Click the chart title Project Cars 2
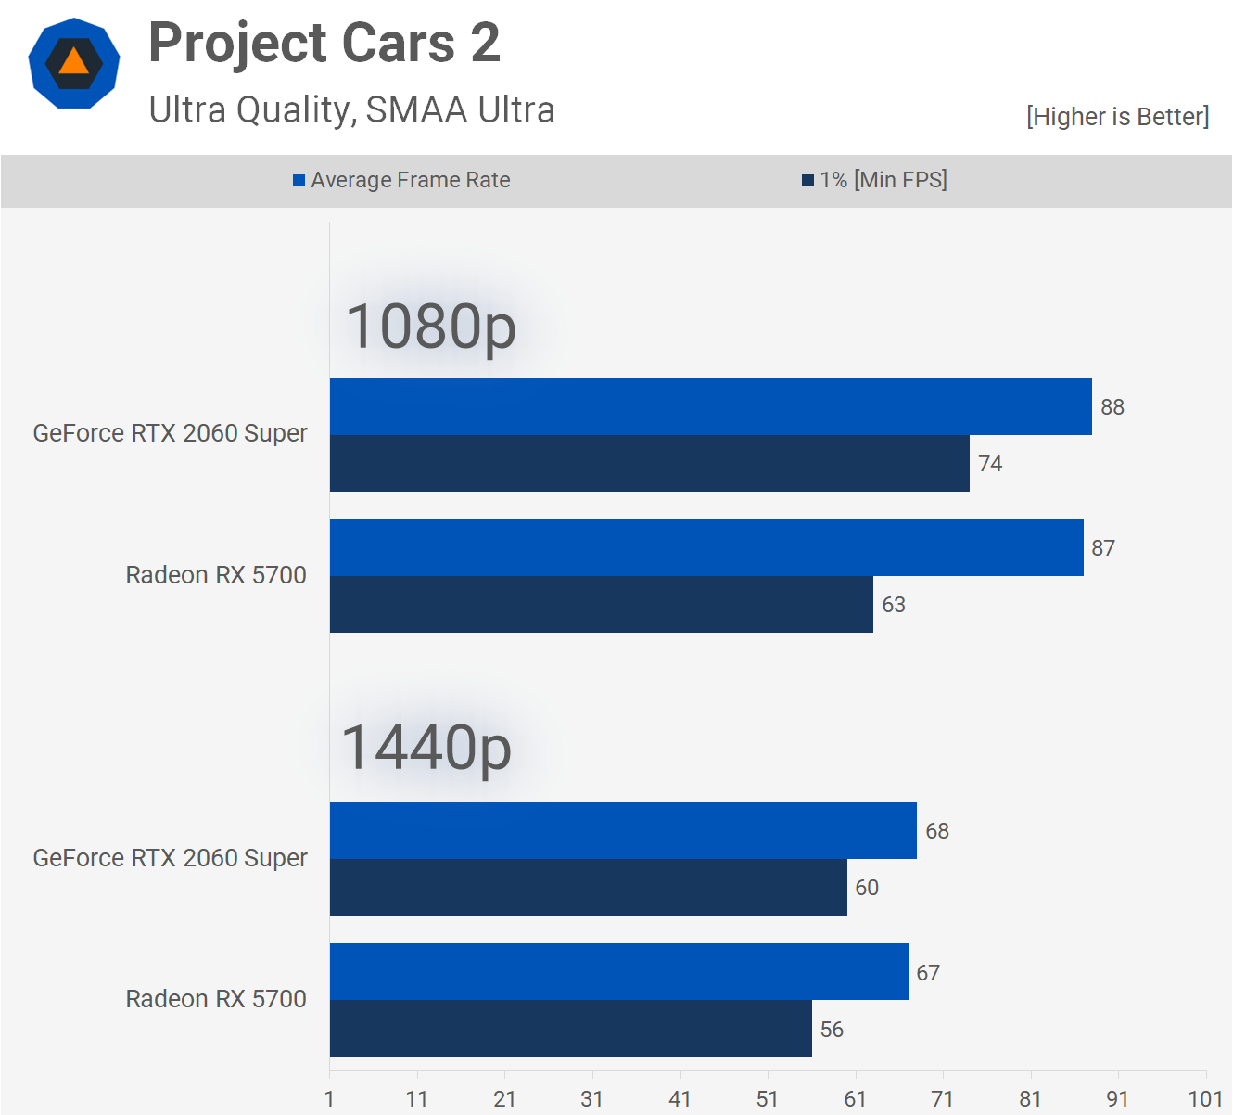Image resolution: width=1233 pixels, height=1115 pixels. (324, 44)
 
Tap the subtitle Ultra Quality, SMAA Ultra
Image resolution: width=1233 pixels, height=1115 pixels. (351, 110)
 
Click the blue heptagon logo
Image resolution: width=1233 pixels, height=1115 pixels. (74, 63)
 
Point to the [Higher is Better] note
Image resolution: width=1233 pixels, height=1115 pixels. (1117, 117)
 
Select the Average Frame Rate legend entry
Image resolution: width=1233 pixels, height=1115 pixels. (401, 180)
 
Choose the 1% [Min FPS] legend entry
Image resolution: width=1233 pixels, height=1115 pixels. (874, 180)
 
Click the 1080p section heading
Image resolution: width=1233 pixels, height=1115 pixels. (430, 327)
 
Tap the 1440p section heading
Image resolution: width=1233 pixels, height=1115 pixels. (426, 748)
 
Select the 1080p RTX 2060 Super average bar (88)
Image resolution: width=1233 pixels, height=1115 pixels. (710, 407)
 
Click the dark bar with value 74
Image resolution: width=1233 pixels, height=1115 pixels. (649, 464)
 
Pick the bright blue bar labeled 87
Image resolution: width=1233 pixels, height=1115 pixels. (706, 548)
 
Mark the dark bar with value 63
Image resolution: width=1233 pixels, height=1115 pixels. (601, 605)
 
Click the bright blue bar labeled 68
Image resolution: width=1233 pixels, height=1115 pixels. (623, 831)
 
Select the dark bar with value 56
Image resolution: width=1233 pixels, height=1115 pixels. (570, 1029)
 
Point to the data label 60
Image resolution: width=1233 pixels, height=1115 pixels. (867, 888)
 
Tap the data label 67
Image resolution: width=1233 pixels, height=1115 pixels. (928, 973)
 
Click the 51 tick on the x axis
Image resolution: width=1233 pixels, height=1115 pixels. (768, 1099)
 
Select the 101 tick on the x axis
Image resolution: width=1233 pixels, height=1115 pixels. (1205, 1099)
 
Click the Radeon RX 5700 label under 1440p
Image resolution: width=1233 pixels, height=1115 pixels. (216, 999)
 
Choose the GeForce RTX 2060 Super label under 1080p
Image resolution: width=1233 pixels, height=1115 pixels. (170, 433)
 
